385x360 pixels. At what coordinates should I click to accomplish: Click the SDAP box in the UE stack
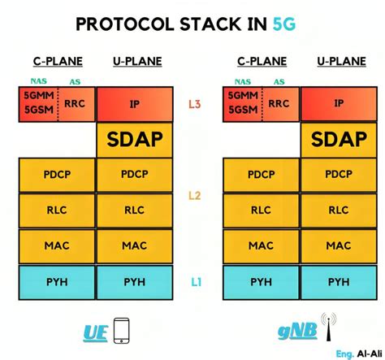[134, 140]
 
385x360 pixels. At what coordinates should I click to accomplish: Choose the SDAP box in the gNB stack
[339, 140]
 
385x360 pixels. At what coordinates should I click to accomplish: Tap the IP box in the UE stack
[134, 104]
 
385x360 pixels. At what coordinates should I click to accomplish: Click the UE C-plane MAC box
[56, 245]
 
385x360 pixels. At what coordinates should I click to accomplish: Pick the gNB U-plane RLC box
[339, 210]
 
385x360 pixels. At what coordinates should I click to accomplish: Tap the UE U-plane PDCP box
[134, 174]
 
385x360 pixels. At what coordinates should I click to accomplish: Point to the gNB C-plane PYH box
[260, 282]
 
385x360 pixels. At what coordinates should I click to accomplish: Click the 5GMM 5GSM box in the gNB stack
[240, 104]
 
